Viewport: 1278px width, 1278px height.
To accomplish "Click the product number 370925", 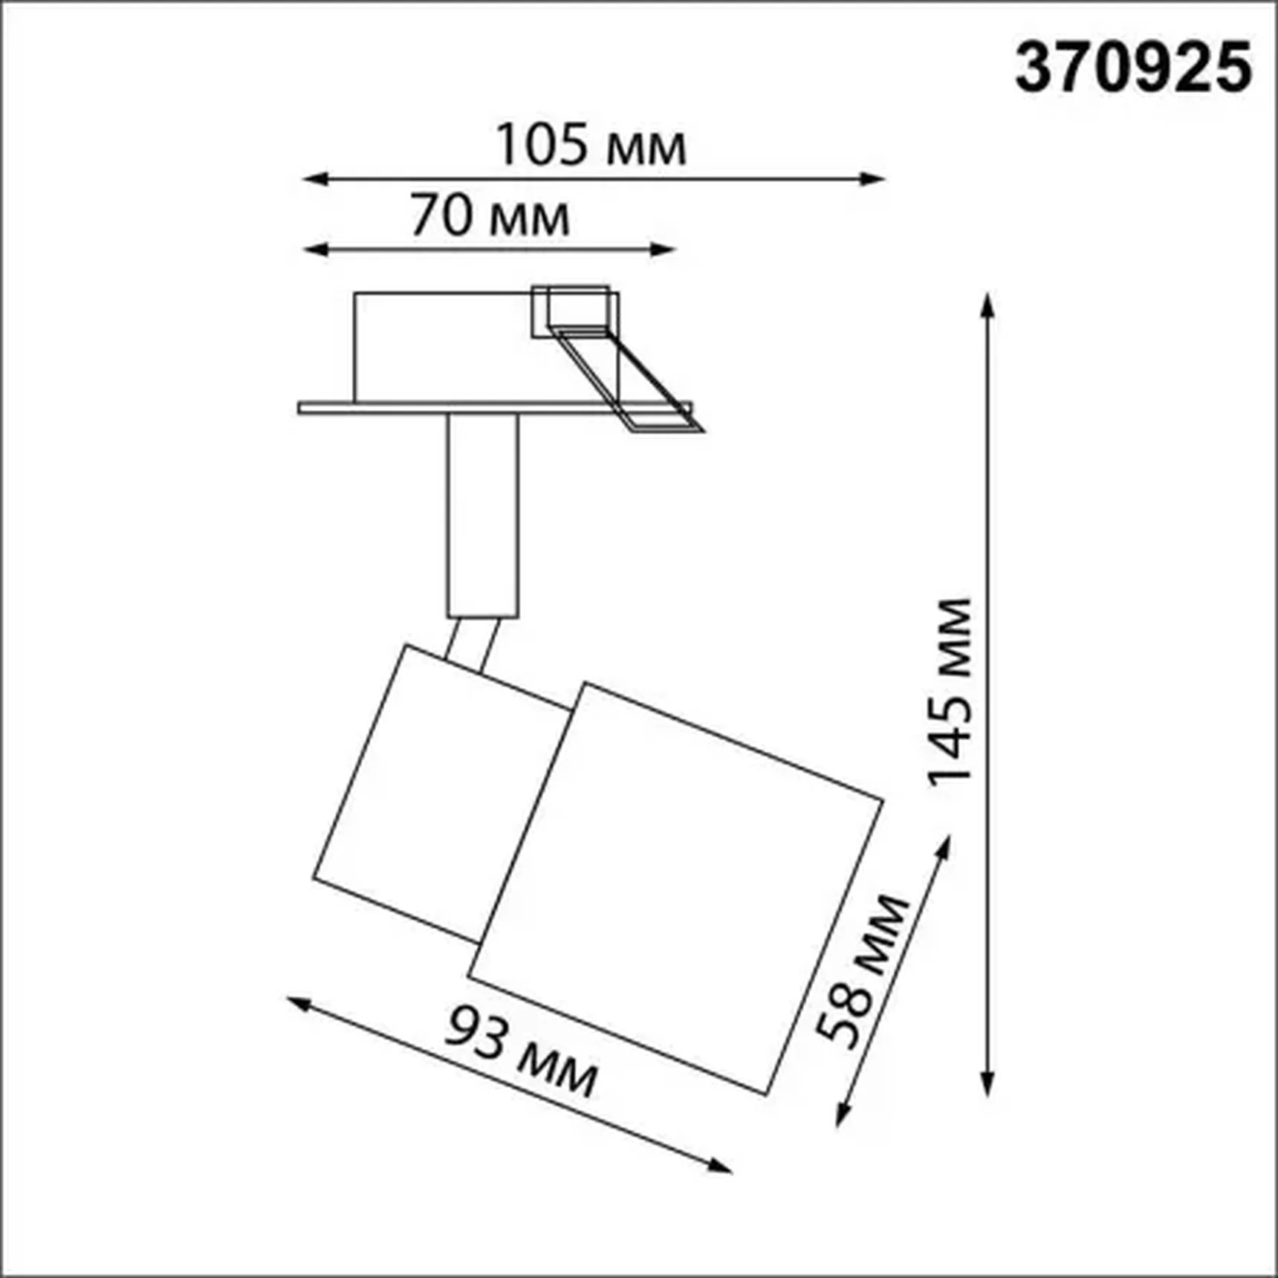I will tap(1134, 68).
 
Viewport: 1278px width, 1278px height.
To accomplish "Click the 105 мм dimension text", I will tap(591, 145).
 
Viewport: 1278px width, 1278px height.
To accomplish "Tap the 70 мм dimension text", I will tap(490, 216).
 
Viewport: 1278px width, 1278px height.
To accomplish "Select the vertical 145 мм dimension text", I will tap(949, 691).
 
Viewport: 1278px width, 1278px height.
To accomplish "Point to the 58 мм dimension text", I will tap(862, 970).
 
